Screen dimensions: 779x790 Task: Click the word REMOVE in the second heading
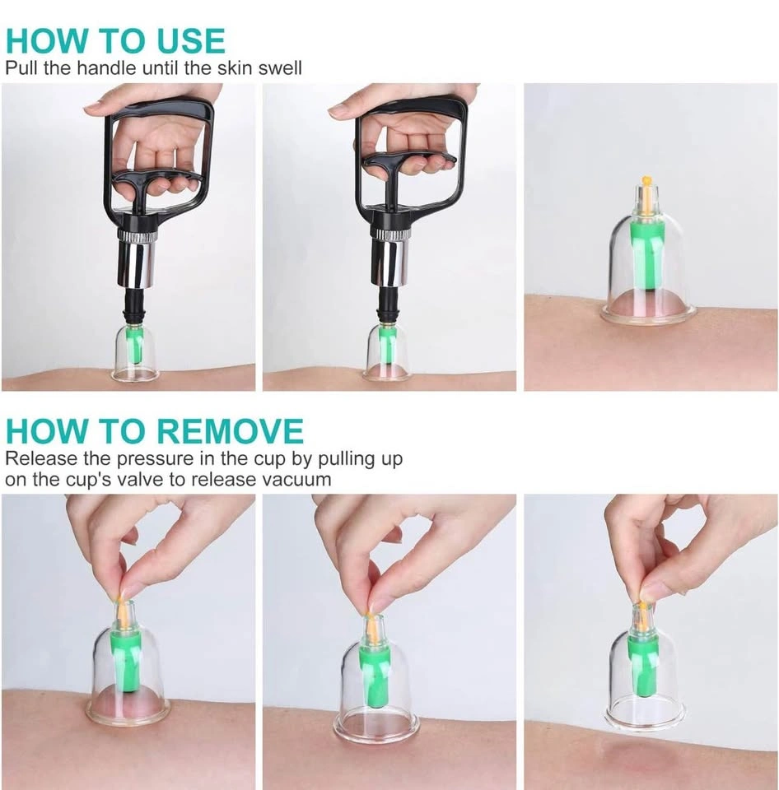[x=230, y=430]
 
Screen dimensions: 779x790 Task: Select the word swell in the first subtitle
[x=280, y=67]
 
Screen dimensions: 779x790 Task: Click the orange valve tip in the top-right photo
[x=645, y=179]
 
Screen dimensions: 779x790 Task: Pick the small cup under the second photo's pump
[x=388, y=353]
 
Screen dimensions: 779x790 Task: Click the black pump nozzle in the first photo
[x=135, y=307]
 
